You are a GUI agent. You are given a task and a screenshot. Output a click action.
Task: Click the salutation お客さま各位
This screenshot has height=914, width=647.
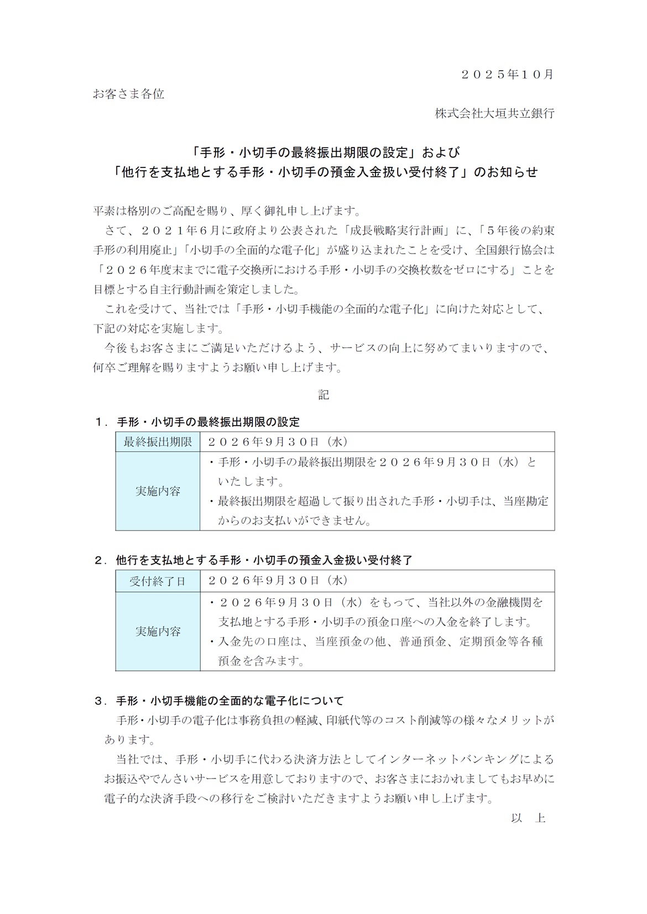tap(128, 94)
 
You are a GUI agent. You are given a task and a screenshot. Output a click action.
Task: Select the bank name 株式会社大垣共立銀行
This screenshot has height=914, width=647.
tap(494, 114)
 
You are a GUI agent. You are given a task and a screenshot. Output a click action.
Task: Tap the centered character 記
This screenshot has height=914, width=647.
tap(323, 395)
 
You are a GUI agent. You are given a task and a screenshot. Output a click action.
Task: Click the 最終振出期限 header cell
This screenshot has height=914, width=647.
tap(158, 442)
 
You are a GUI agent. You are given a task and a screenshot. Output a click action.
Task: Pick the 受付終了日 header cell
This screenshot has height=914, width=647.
tap(158, 581)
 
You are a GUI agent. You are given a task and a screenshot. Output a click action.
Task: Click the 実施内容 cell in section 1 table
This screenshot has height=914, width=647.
tap(158, 491)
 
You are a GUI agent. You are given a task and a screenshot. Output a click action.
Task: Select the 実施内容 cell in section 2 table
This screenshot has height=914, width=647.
tap(158, 632)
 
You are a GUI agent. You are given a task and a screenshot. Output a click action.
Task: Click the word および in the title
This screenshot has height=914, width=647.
tap(442, 152)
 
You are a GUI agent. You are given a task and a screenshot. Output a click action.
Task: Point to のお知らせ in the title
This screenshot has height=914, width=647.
tap(507, 172)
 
